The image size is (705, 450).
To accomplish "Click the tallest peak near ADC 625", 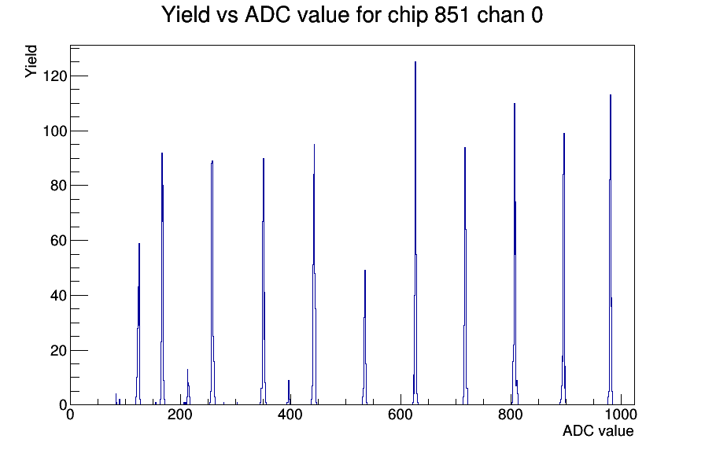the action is click(x=415, y=234).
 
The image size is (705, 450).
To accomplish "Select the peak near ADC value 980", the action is click(x=611, y=252).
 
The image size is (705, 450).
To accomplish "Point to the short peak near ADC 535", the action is click(x=365, y=337).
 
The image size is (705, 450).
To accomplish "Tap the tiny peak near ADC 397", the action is click(x=289, y=393).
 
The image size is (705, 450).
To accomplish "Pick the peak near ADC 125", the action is click(x=139, y=323).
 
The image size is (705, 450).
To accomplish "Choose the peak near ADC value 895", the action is click(x=564, y=270).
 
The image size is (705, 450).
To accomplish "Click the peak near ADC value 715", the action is click(x=465, y=276).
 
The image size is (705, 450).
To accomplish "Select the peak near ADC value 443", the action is click(x=314, y=275).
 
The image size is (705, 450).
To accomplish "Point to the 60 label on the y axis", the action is click(x=58, y=241).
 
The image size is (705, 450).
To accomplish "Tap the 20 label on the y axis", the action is click(x=58, y=351).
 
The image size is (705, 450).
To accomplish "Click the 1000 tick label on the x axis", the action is click(x=620, y=415).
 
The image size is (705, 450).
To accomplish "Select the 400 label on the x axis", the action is click(x=290, y=415).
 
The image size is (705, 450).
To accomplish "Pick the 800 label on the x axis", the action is click(x=511, y=415).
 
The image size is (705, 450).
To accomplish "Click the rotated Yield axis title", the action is click(x=31, y=61).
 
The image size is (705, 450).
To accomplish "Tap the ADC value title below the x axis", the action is click(x=598, y=431).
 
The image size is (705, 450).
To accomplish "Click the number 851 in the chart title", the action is click(x=453, y=14).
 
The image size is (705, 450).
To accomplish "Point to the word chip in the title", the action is click(x=408, y=15).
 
